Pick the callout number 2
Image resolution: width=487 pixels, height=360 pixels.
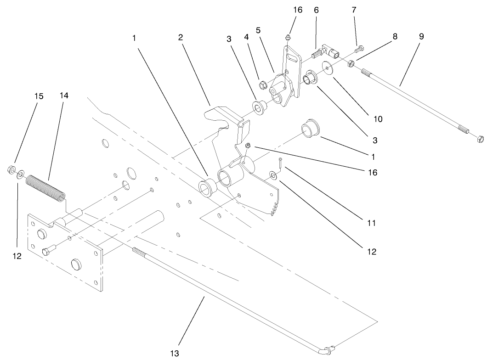point(181,37)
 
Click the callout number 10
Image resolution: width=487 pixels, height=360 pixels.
point(378,119)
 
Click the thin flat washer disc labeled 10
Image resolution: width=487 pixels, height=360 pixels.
point(328,68)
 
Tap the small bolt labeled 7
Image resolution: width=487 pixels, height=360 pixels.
point(359,48)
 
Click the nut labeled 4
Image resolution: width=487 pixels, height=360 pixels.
point(264,84)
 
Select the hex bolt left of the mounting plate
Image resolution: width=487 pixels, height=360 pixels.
point(48,252)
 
